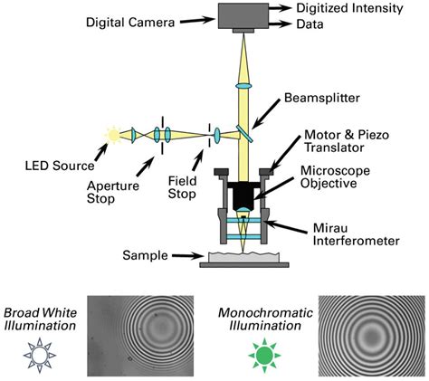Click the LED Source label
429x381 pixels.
pos(61,166)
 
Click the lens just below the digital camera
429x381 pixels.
pos(242,84)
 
